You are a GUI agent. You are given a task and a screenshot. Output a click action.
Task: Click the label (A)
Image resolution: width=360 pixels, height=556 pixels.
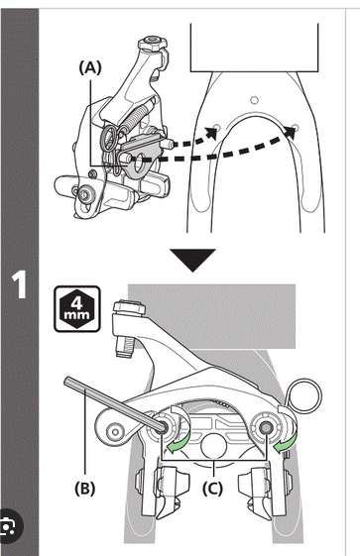(90, 67)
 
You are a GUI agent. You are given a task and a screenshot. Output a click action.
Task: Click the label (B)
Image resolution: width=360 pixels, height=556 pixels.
(85, 489)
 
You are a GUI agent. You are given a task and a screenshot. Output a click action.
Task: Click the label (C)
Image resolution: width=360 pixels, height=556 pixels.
(213, 489)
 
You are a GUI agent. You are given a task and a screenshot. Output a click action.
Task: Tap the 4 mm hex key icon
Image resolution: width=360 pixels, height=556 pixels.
(77, 309)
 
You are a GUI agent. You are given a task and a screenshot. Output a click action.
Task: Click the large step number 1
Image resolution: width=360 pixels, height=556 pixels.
(19, 285)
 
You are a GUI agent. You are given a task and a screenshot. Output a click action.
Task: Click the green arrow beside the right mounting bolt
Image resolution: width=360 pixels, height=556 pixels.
(286, 441)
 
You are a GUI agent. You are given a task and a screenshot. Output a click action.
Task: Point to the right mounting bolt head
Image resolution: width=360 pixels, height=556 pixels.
(265, 428)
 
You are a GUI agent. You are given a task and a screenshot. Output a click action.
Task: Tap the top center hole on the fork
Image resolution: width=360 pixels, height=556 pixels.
(254, 100)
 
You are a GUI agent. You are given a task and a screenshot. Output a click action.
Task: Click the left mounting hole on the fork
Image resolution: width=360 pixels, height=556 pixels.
(217, 127)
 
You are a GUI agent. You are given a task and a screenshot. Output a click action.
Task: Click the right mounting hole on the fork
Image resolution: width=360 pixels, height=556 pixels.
(297, 127)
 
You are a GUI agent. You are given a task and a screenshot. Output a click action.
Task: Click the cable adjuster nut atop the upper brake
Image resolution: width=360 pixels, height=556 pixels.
(152, 43)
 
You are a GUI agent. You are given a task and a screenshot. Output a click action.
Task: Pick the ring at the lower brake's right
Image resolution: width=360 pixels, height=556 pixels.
(304, 396)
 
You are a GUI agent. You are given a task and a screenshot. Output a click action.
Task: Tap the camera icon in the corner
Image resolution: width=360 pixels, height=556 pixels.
(8, 527)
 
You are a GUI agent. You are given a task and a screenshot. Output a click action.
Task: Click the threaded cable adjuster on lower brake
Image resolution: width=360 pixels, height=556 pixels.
(124, 347)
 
